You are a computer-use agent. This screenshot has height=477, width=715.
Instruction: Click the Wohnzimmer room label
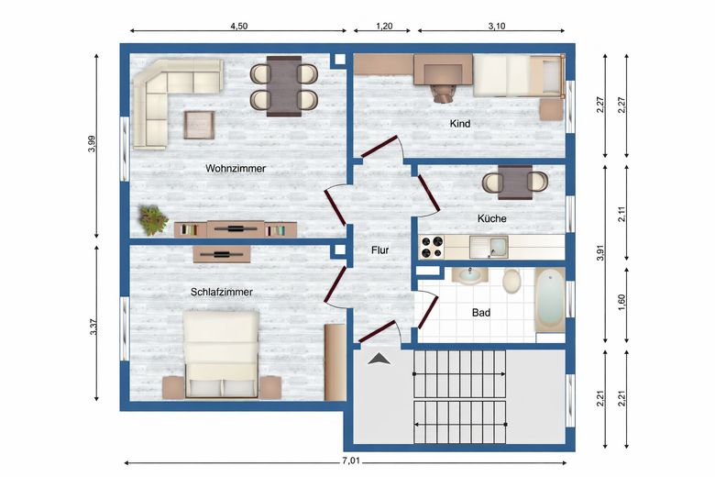click(x=236, y=169)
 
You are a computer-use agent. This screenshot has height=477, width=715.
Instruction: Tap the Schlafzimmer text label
click(x=222, y=293)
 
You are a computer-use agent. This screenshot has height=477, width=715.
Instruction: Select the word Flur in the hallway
click(x=380, y=250)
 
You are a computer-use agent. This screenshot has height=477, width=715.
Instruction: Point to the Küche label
click(x=491, y=218)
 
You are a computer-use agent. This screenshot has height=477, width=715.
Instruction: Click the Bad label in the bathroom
click(x=481, y=313)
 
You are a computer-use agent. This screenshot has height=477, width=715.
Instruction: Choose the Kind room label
click(x=459, y=123)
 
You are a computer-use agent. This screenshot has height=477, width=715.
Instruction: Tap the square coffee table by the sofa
click(x=200, y=124)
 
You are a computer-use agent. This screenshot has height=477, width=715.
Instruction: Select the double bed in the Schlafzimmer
click(x=222, y=354)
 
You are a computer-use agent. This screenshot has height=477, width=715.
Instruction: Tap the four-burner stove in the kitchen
click(x=431, y=246)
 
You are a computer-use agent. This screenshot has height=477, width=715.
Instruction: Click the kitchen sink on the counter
click(x=488, y=246)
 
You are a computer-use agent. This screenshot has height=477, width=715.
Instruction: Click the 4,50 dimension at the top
click(x=237, y=27)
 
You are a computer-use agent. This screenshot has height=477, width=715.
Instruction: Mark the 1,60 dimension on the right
click(x=623, y=304)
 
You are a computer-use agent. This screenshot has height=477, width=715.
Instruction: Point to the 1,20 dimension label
click(x=385, y=27)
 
